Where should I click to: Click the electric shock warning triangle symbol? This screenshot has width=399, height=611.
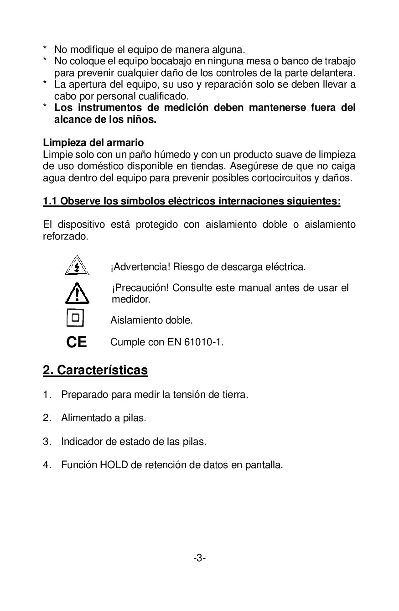[x=77, y=266]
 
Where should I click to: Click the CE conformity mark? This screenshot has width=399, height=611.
[x=77, y=342]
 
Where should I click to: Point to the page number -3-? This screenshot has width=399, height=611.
[x=199, y=558]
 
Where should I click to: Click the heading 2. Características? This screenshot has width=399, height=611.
[x=95, y=370]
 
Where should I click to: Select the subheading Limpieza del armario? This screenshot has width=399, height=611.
[x=93, y=143]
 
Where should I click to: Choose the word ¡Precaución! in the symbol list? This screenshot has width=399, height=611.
[x=140, y=288]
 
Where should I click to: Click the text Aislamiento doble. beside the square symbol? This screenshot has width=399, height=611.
[x=151, y=320]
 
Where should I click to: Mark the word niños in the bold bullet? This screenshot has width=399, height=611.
[x=141, y=120]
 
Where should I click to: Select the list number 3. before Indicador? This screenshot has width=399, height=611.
[x=47, y=441]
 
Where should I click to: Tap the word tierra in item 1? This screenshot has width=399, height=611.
[x=233, y=394]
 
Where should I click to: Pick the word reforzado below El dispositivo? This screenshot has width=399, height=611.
[x=64, y=236]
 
